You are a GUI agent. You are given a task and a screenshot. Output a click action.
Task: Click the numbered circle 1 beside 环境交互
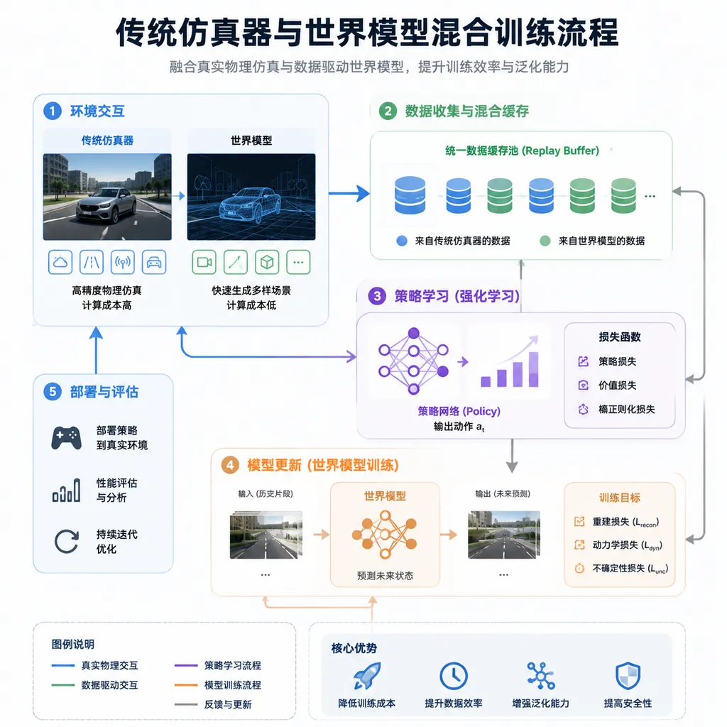(53, 111)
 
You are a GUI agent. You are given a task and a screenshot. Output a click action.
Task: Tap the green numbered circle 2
(388, 111)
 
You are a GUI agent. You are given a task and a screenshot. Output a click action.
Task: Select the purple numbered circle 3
(377, 296)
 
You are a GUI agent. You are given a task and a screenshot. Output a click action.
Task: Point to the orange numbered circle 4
(230, 465)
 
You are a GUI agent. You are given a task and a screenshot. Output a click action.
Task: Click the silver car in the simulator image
(107, 207)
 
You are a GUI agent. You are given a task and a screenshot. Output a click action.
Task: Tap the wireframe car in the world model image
(250, 207)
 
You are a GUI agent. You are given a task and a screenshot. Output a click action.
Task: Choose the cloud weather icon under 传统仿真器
(60, 263)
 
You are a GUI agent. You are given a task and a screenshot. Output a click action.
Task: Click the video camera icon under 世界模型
(204, 263)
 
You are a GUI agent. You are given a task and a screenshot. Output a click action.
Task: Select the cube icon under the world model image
(267, 263)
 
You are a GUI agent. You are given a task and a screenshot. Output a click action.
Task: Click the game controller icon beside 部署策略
(66, 437)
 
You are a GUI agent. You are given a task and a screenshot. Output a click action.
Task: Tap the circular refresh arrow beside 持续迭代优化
(66, 542)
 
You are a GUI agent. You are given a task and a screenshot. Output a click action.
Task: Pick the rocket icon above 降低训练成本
(367, 676)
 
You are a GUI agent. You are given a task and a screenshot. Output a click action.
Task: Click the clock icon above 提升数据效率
(454, 676)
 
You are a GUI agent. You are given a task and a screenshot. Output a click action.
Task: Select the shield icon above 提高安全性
(628, 676)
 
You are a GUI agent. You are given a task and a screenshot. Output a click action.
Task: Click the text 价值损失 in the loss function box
(617, 386)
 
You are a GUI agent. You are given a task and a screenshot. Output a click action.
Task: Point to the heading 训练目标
(619, 498)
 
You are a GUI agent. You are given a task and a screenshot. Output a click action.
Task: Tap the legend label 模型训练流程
(233, 685)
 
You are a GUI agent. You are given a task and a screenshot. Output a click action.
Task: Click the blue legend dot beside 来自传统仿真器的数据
(402, 241)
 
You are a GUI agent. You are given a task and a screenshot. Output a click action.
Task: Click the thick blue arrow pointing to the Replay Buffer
(349, 193)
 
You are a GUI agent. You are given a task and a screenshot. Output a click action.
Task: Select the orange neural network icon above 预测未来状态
(385, 535)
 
